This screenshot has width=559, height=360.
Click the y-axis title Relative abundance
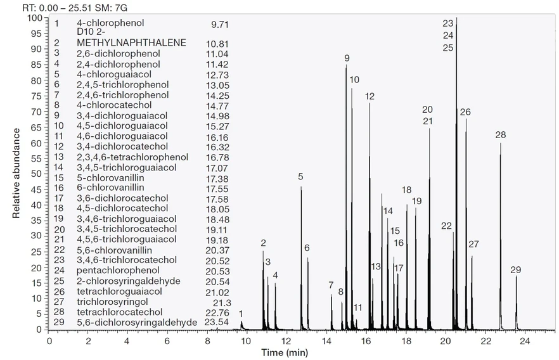tap(17, 172)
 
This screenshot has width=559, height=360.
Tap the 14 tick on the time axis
tap(326, 340)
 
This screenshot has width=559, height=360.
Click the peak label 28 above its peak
tap(501, 135)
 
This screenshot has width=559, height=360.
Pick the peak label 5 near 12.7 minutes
tap(301, 177)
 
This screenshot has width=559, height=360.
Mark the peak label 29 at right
tap(516, 271)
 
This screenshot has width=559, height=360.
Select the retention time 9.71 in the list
tap(219, 23)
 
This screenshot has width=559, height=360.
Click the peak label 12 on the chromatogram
tap(370, 96)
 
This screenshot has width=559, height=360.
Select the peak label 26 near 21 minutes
tap(466, 112)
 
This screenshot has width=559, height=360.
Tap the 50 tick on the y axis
tap(37, 174)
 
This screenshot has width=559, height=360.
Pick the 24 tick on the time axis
tap(525, 340)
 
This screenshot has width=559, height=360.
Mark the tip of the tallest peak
tap(456, 18)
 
